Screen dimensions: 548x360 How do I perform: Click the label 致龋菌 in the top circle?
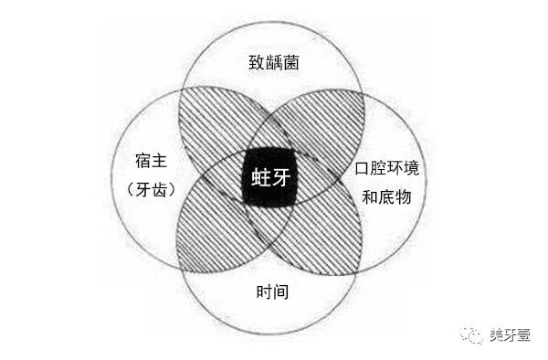pos(274,63)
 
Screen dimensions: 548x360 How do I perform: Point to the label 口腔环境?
pos(394,170)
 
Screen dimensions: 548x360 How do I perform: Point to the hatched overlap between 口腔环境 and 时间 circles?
pos(324,228)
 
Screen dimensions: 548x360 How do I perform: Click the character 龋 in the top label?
pos(274,63)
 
